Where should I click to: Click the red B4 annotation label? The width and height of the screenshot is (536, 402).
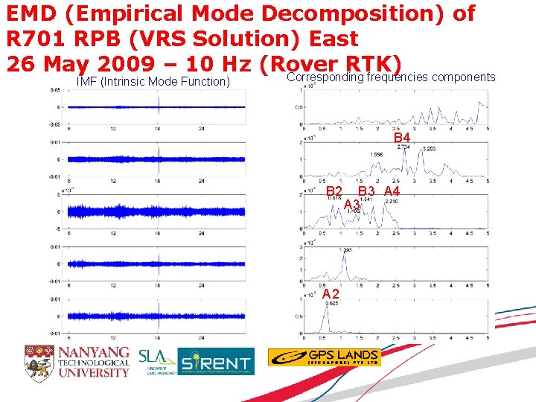(401, 138)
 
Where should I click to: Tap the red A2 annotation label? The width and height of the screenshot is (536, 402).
(331, 294)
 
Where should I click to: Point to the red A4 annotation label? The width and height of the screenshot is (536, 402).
(392, 192)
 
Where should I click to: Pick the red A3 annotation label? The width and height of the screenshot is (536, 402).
(351, 204)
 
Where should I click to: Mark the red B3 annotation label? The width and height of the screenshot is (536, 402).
(366, 192)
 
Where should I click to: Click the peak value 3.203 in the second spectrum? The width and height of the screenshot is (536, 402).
(429, 150)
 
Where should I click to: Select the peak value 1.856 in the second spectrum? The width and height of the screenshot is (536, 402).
(377, 155)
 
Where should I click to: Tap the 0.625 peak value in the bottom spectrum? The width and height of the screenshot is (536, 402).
(331, 303)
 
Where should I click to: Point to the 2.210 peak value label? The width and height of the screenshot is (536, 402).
(392, 200)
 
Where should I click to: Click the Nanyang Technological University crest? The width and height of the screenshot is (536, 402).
(39, 361)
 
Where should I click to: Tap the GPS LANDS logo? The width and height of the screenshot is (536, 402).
(324, 357)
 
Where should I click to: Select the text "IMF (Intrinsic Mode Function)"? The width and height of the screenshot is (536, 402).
(153, 80)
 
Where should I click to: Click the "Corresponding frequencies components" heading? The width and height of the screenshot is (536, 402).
(391, 77)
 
